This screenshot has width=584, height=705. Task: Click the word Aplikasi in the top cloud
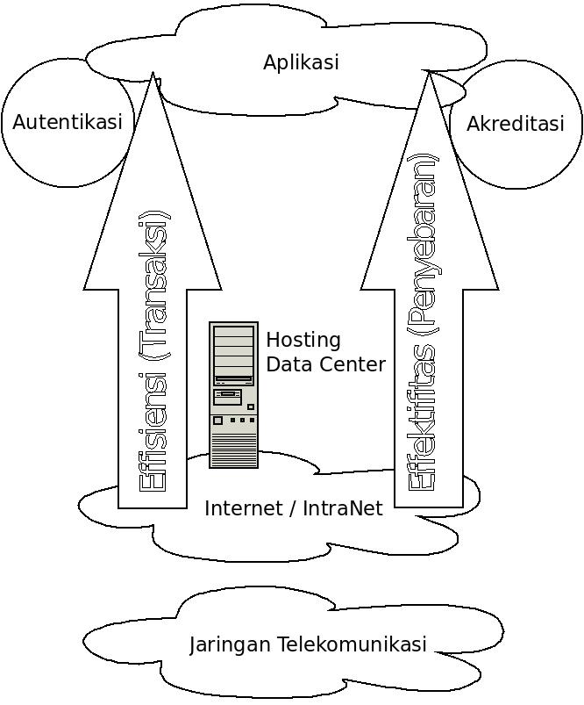301,62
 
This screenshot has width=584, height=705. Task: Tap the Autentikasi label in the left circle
68,122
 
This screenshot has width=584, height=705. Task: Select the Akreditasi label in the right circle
515,125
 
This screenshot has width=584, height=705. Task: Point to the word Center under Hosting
351,363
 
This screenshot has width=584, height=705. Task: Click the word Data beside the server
286,363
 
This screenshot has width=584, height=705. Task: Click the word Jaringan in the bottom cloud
231,644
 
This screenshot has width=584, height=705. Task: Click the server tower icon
233,395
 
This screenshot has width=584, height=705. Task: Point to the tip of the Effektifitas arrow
430,75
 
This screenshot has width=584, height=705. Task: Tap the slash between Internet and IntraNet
289,508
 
